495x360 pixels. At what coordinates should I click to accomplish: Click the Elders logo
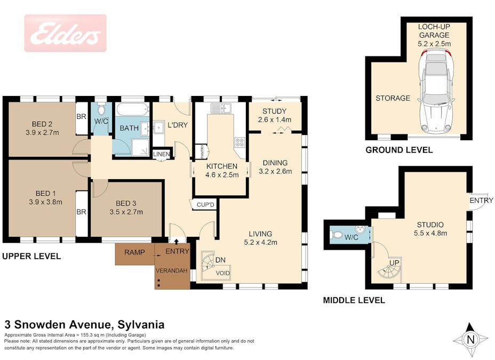point(66,33)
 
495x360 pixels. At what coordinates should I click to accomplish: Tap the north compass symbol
point(470,340)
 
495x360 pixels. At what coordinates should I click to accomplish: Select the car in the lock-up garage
point(436,92)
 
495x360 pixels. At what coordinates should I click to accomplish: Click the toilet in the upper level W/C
point(101,109)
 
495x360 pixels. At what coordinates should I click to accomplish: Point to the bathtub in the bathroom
point(133,109)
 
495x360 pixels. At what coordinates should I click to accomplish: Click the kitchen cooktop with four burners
point(239,142)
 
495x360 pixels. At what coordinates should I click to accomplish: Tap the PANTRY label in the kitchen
point(202,151)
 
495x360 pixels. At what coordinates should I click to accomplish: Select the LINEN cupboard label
point(161,154)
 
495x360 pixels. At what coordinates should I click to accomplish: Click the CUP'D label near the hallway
point(205,205)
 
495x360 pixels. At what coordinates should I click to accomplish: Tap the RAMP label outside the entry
point(134,252)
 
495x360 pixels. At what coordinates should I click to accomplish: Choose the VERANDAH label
point(171,271)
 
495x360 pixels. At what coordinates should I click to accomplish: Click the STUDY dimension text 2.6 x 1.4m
point(274,119)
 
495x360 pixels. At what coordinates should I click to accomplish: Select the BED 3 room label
point(126,203)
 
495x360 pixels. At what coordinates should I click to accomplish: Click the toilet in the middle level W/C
point(337,235)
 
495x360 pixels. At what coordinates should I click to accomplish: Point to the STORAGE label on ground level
point(393,98)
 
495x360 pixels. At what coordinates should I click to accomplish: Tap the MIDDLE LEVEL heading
point(354,300)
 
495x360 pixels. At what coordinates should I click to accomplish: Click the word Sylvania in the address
point(141,324)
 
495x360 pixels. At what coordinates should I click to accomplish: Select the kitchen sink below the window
point(221,108)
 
